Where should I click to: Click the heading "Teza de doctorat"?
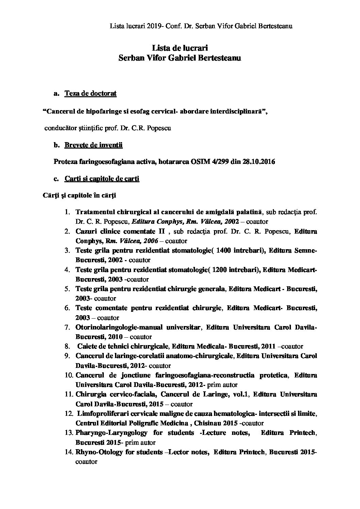[91, 94]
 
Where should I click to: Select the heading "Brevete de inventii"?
[94, 145]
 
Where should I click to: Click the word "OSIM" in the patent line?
[198, 162]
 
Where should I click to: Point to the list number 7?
[67, 327]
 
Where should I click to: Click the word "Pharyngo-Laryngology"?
[112, 433]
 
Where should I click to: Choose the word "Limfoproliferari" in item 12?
[100, 414]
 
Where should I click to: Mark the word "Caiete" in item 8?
[87, 346]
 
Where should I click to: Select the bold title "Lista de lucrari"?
[179, 48]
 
